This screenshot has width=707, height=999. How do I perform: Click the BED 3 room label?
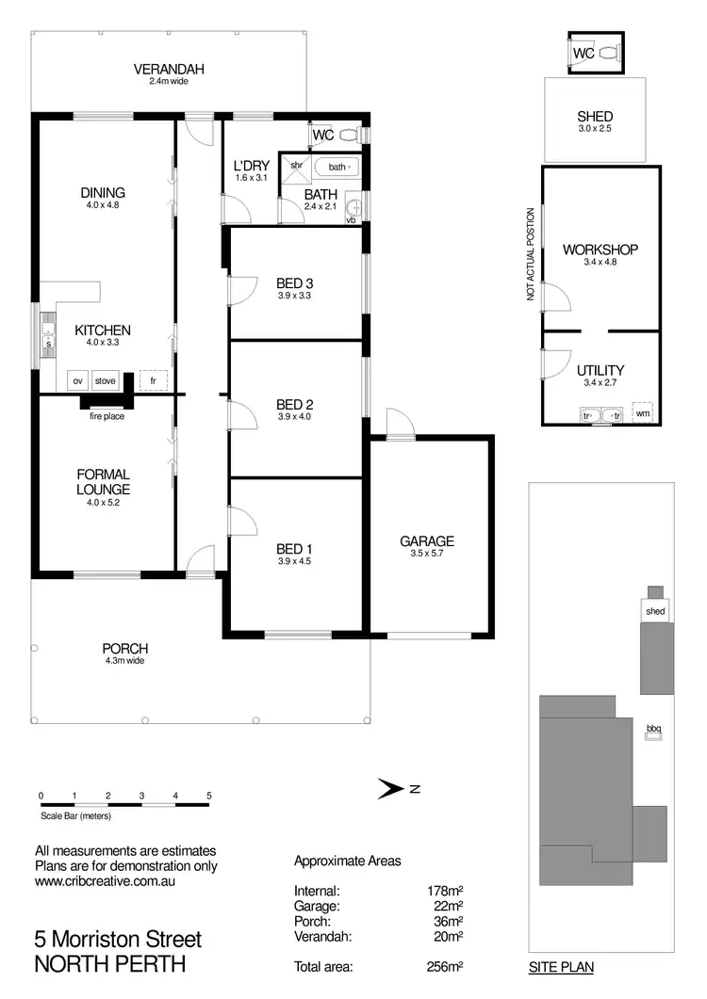tap(295, 282)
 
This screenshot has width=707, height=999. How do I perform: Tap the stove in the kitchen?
tap(105, 381)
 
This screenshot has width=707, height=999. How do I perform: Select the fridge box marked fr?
tap(153, 380)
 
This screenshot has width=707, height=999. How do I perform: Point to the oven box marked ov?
tap(77, 381)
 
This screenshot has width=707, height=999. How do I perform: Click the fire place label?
tap(107, 415)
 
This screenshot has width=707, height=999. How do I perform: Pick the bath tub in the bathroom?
tap(337, 167)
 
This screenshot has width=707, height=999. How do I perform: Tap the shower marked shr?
tap(295, 166)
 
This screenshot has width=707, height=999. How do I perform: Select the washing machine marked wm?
tap(642, 412)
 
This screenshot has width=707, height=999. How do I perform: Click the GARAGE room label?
tap(427, 540)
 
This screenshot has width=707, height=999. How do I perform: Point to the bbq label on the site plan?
tap(653, 727)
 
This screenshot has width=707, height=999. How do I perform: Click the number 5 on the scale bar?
tap(209, 796)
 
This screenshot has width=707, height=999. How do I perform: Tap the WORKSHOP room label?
tap(600, 250)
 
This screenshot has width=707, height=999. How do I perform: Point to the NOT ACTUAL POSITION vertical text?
tap(532, 254)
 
